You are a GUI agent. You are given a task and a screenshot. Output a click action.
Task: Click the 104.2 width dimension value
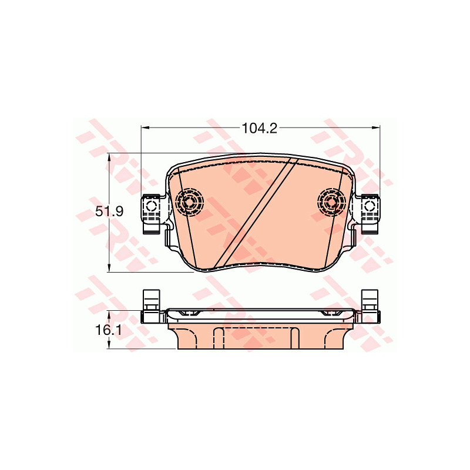(x=259, y=129)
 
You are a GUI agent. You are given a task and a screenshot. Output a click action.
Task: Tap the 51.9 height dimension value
(x=109, y=211)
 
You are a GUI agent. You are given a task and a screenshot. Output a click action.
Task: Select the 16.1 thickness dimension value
(x=109, y=330)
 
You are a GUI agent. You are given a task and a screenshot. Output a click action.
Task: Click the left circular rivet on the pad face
(x=189, y=202)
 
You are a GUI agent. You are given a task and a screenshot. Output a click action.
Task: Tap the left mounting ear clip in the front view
(x=151, y=213)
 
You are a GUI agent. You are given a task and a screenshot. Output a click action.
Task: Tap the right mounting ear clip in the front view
(x=371, y=213)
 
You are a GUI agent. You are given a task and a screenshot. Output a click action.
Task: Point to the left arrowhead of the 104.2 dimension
(x=145, y=127)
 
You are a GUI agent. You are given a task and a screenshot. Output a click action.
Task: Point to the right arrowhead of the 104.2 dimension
(x=375, y=127)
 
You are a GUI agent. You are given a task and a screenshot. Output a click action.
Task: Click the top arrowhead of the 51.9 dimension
(x=109, y=157)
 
